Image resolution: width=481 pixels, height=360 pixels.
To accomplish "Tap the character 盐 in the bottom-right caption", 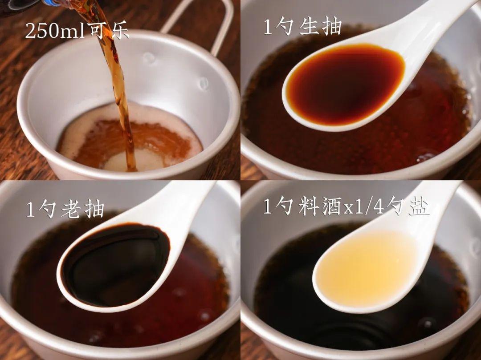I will [x=420, y=208].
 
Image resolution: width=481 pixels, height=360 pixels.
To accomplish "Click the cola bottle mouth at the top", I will [x=27, y=4].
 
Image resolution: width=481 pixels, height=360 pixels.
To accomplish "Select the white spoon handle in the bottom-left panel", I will [x=187, y=200].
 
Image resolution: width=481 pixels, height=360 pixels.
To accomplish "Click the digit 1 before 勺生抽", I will [x=268, y=28].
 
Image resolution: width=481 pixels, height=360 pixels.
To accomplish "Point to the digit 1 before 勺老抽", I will [x=30, y=209].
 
